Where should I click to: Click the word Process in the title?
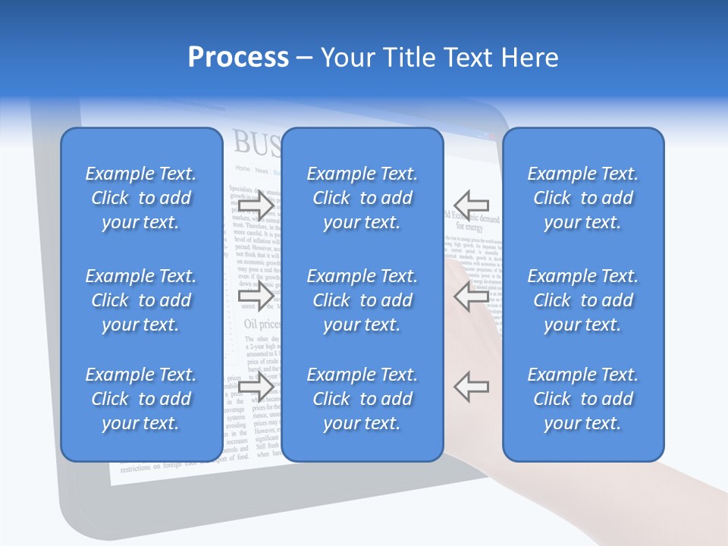point(238,58)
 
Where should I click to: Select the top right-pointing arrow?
point(256,205)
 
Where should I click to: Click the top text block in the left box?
point(141,198)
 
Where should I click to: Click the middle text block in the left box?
point(141,300)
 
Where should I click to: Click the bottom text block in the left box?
point(141,399)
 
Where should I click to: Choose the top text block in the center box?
point(362,198)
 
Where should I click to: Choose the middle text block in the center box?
point(362,300)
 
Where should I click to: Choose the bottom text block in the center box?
point(362,399)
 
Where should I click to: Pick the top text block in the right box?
point(583,198)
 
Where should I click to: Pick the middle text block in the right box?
point(583,300)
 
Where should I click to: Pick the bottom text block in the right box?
point(583,399)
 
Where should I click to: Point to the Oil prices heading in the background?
point(261,324)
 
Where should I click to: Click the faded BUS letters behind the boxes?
point(255,142)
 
